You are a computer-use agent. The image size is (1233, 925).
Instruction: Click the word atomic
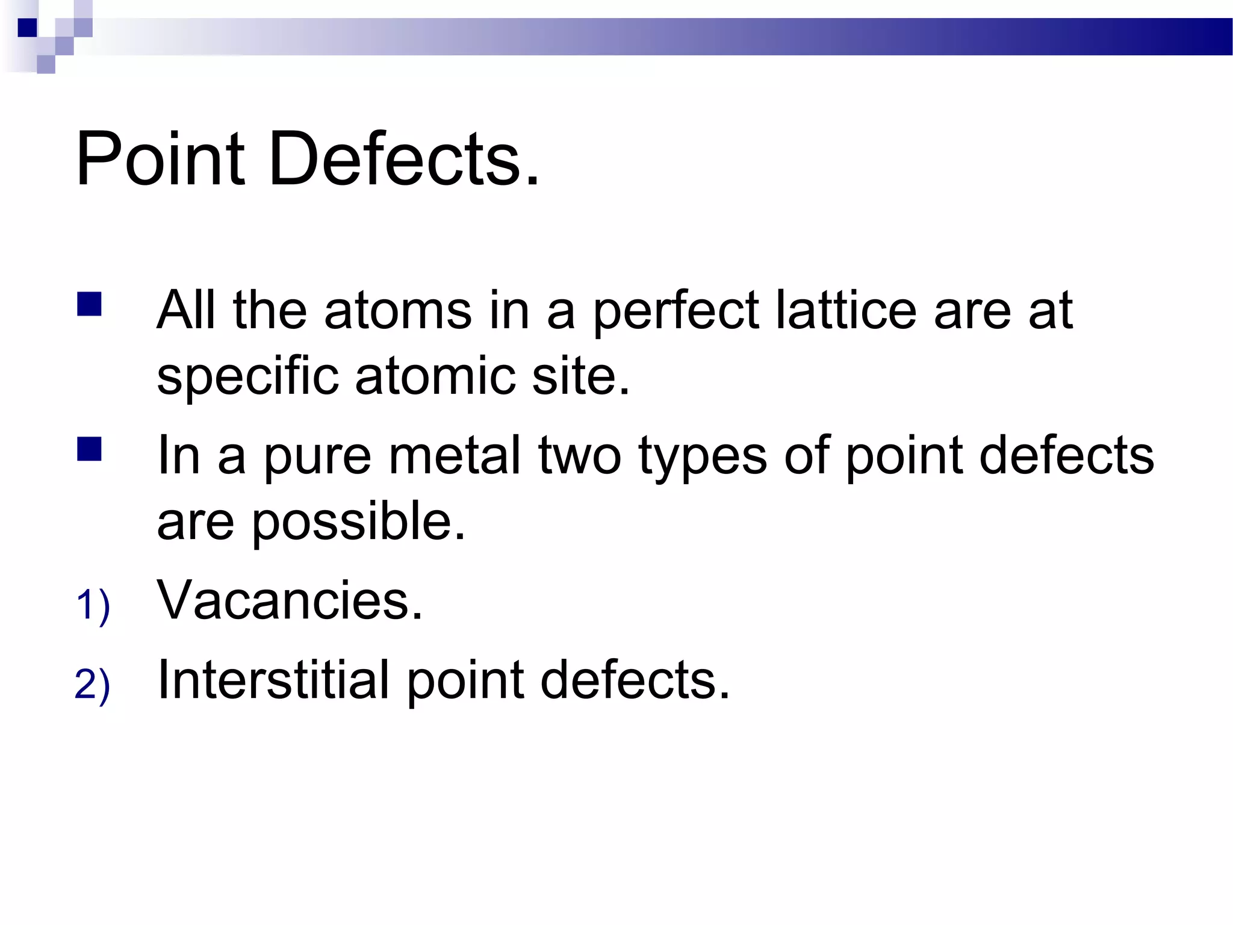435,376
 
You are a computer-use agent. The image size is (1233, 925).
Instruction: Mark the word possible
358,523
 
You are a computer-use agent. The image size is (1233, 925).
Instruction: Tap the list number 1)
93,605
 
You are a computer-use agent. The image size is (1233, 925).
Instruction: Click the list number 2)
93,684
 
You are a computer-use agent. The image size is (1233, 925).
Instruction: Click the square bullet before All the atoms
89,304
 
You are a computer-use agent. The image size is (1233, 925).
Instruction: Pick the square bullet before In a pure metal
89,449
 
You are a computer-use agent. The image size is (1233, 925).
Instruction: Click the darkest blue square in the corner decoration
27,28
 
